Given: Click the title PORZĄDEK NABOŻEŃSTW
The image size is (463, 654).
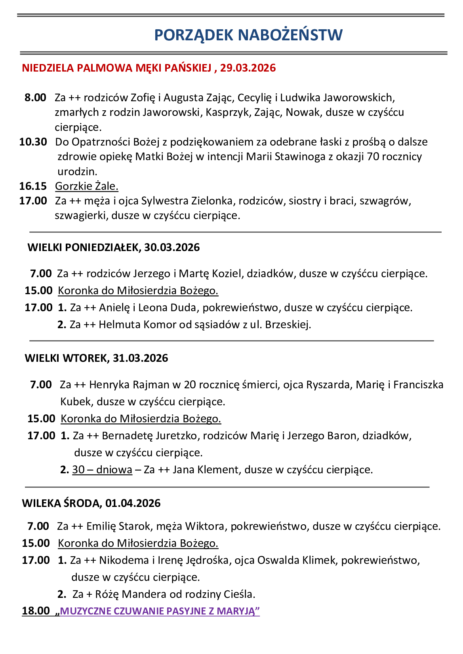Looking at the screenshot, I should (248, 35).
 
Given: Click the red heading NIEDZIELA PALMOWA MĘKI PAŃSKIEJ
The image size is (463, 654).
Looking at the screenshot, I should (116, 68).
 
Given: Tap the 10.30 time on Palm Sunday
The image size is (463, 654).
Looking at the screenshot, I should (33, 142).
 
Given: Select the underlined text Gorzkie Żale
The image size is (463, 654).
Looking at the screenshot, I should (87, 186).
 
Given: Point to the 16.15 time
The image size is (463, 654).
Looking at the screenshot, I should (33, 186).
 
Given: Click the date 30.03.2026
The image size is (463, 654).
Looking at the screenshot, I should (172, 248).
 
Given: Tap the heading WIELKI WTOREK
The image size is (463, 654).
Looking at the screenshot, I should (66, 358).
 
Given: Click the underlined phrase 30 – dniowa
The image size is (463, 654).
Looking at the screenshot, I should (102, 470).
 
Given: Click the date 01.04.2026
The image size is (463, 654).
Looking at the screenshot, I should (133, 503).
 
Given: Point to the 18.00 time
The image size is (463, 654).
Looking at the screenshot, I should (36, 611).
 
